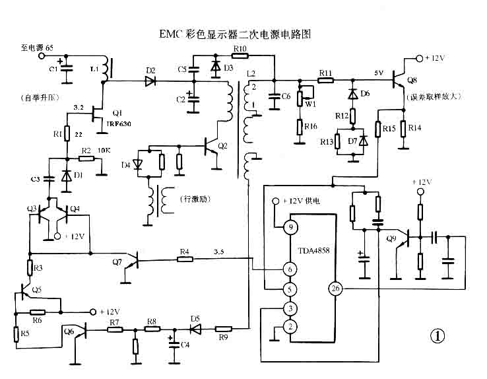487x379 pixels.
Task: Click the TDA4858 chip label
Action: pyautogui.click(x=313, y=252)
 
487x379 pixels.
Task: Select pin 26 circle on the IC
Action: pyautogui.click(x=335, y=289)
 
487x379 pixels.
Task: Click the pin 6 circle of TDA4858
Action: pyautogui.click(x=288, y=269)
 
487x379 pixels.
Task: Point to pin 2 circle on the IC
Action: pyautogui.click(x=288, y=326)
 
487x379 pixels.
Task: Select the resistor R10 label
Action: pyautogui.click(x=240, y=49)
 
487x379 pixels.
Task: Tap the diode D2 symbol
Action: pyautogui.click(x=150, y=81)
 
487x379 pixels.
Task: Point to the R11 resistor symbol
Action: pyautogui.click(x=325, y=81)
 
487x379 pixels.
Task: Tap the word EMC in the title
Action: pyautogui.click(x=172, y=32)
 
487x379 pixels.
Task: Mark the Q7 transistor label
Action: pyautogui.click(x=117, y=262)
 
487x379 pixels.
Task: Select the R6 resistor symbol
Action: pyautogui.click(x=37, y=312)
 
